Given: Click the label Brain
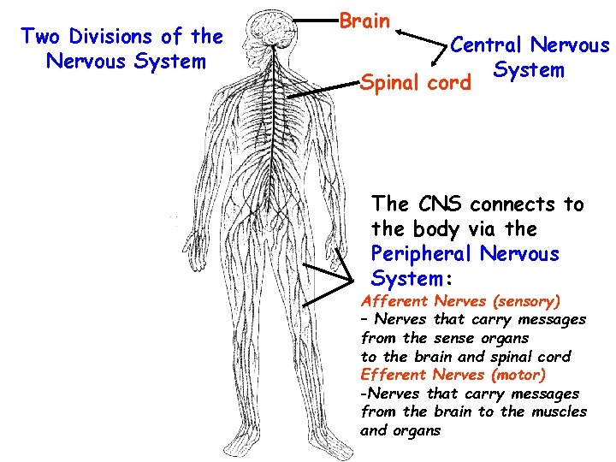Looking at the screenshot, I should click(x=364, y=21).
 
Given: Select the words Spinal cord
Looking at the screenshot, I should click(x=416, y=84).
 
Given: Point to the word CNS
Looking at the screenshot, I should click(x=442, y=204).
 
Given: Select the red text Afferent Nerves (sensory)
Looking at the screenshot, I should click(x=460, y=301).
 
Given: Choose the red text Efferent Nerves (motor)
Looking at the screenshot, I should click(x=453, y=375).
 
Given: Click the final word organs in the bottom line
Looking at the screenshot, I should click(x=417, y=430).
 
